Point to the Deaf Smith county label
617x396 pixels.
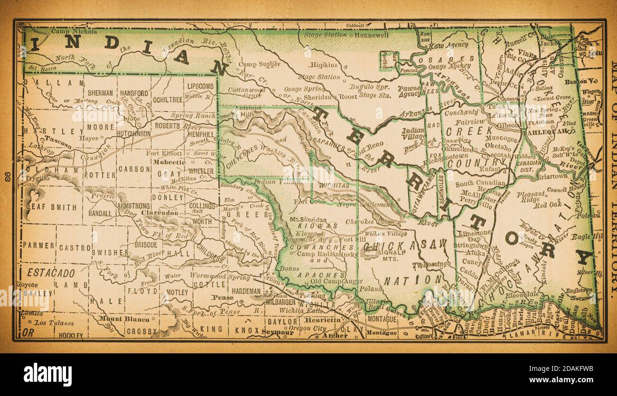pyautogui.click(x=50, y=207)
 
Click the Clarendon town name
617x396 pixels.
pyautogui.click(x=162, y=213)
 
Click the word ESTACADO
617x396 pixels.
pyautogui.click(x=51, y=273)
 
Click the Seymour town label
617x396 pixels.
pyautogui.click(x=277, y=332)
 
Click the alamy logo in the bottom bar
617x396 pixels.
pyautogui.click(x=47, y=374)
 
